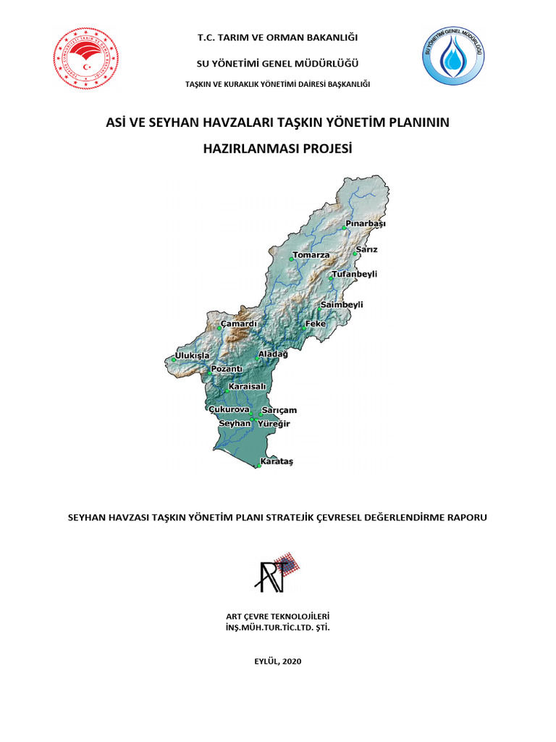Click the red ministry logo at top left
tap(86, 61)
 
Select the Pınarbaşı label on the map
tap(366, 224)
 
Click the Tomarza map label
tap(311, 255)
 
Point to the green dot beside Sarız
tap(355, 254)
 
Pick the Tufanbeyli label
tap(354, 274)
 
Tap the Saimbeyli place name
tap(342, 305)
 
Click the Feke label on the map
tap(316, 323)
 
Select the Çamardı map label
tap(239, 323)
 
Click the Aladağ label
tap(273, 354)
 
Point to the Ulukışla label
tap(192, 356)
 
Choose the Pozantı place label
tap(226, 369)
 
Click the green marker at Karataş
tap(258, 467)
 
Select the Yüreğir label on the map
tap(274, 424)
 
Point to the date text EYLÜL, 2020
tap(278, 661)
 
